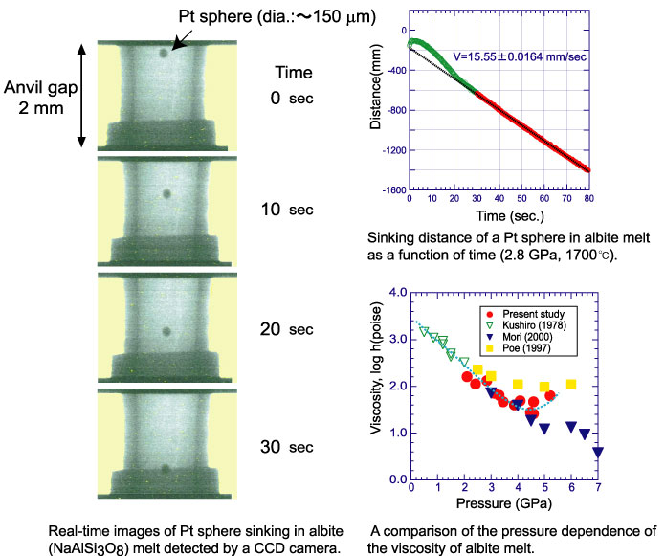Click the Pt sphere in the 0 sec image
[x=165, y=54]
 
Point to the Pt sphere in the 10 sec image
[x=166, y=193]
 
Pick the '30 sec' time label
[x=287, y=446]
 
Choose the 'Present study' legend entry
[x=531, y=314]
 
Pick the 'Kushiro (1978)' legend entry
[x=534, y=326]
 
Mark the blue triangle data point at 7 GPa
[x=598, y=452]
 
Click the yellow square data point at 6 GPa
[x=571, y=385]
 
